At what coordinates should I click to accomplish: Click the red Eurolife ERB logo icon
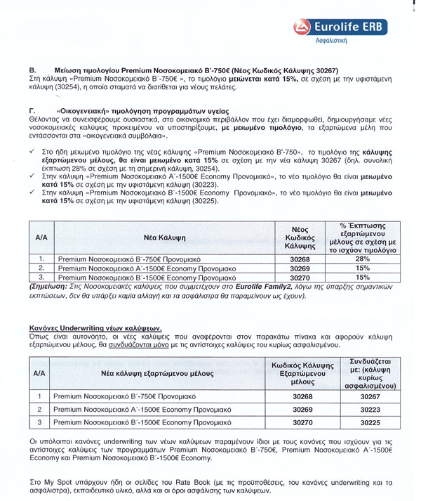point(302,27)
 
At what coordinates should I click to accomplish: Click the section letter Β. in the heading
point(31,71)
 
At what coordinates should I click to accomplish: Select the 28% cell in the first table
point(363,259)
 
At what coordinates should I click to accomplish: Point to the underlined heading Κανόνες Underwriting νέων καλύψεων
point(95,328)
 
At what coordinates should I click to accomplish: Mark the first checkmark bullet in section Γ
point(32,151)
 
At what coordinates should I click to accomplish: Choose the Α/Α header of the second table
point(40,374)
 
